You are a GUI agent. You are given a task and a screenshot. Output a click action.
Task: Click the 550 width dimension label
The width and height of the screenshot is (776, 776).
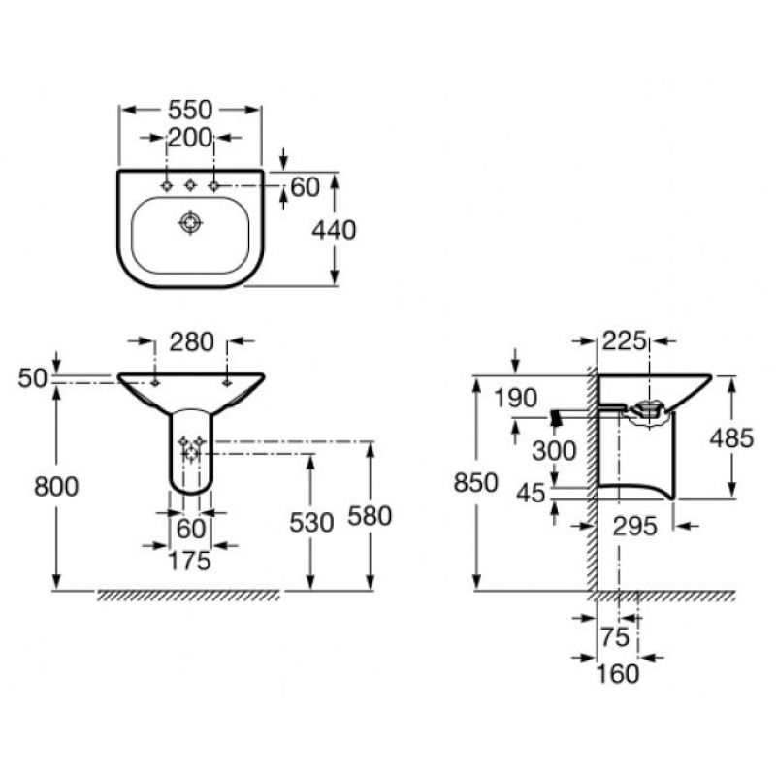click(x=190, y=110)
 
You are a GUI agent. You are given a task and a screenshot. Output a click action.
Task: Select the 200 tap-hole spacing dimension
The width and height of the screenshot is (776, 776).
click(x=190, y=137)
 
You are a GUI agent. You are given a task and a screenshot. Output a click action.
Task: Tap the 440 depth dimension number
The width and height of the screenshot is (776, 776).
click(x=334, y=230)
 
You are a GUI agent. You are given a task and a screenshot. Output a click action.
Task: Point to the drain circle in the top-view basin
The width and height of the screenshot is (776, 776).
click(x=190, y=223)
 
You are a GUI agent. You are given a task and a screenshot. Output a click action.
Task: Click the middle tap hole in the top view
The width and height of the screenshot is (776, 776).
click(x=190, y=185)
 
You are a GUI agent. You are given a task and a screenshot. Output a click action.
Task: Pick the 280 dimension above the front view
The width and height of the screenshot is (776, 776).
click(x=191, y=342)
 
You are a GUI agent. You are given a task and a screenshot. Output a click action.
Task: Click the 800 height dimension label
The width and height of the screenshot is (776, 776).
click(x=56, y=487)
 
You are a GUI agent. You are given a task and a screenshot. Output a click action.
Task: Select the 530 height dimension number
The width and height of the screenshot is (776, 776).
click(x=311, y=523)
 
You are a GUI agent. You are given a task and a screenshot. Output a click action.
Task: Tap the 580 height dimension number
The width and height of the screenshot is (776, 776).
click(x=370, y=516)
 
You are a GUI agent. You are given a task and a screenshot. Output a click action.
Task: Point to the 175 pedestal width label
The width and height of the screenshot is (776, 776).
click(x=189, y=562)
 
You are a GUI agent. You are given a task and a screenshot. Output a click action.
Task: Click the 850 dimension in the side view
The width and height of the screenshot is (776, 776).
click(x=475, y=483)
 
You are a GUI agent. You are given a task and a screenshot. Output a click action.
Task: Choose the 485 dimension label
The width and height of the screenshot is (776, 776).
click(x=731, y=438)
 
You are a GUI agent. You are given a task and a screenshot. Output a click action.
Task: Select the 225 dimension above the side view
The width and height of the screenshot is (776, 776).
click(x=624, y=341)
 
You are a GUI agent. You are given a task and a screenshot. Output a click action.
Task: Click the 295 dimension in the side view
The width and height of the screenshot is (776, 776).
click(x=635, y=526)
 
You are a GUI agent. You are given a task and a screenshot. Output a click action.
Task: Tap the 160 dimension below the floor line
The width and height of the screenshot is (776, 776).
click(x=617, y=673)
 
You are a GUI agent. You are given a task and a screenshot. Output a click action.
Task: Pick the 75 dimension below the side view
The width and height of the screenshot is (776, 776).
click(x=615, y=637)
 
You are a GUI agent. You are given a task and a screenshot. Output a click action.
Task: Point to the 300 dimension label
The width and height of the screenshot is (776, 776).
click(x=554, y=451)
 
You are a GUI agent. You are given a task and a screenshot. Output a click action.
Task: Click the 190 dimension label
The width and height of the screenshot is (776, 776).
click(x=516, y=399)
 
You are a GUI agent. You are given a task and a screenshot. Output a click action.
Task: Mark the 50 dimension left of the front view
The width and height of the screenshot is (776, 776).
click(x=32, y=378)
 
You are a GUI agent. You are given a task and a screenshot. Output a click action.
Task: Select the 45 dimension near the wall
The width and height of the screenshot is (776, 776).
click(x=531, y=494)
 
